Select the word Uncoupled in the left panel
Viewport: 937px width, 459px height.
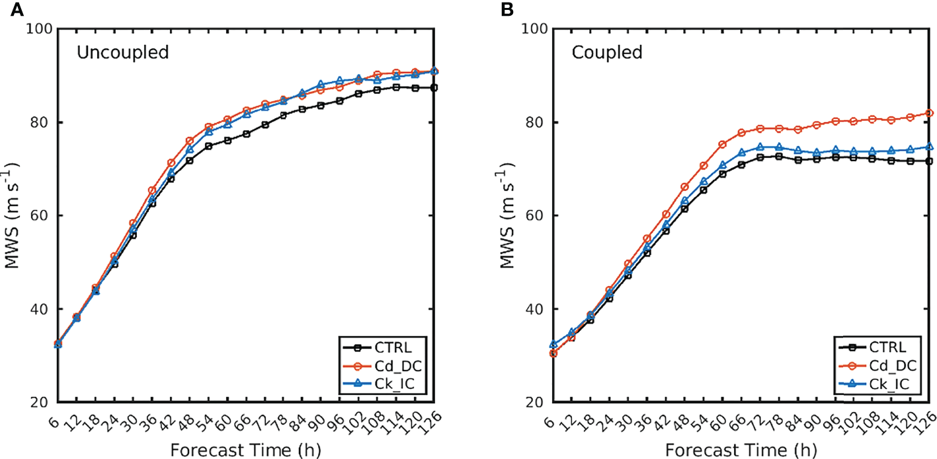(x=122, y=53)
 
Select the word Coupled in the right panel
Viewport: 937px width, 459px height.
(x=608, y=53)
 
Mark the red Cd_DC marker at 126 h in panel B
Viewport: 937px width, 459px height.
(x=930, y=113)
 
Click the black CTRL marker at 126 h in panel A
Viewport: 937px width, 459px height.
(x=434, y=88)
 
